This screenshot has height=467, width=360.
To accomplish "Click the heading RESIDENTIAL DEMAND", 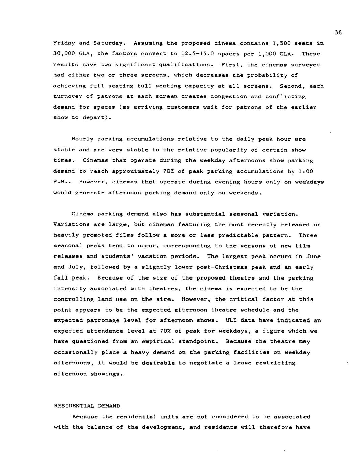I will point(87,406).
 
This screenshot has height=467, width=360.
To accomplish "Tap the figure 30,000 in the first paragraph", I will point(64,54).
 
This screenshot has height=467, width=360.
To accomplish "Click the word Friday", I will point(64,43).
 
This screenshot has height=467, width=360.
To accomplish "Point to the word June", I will point(314,257).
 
